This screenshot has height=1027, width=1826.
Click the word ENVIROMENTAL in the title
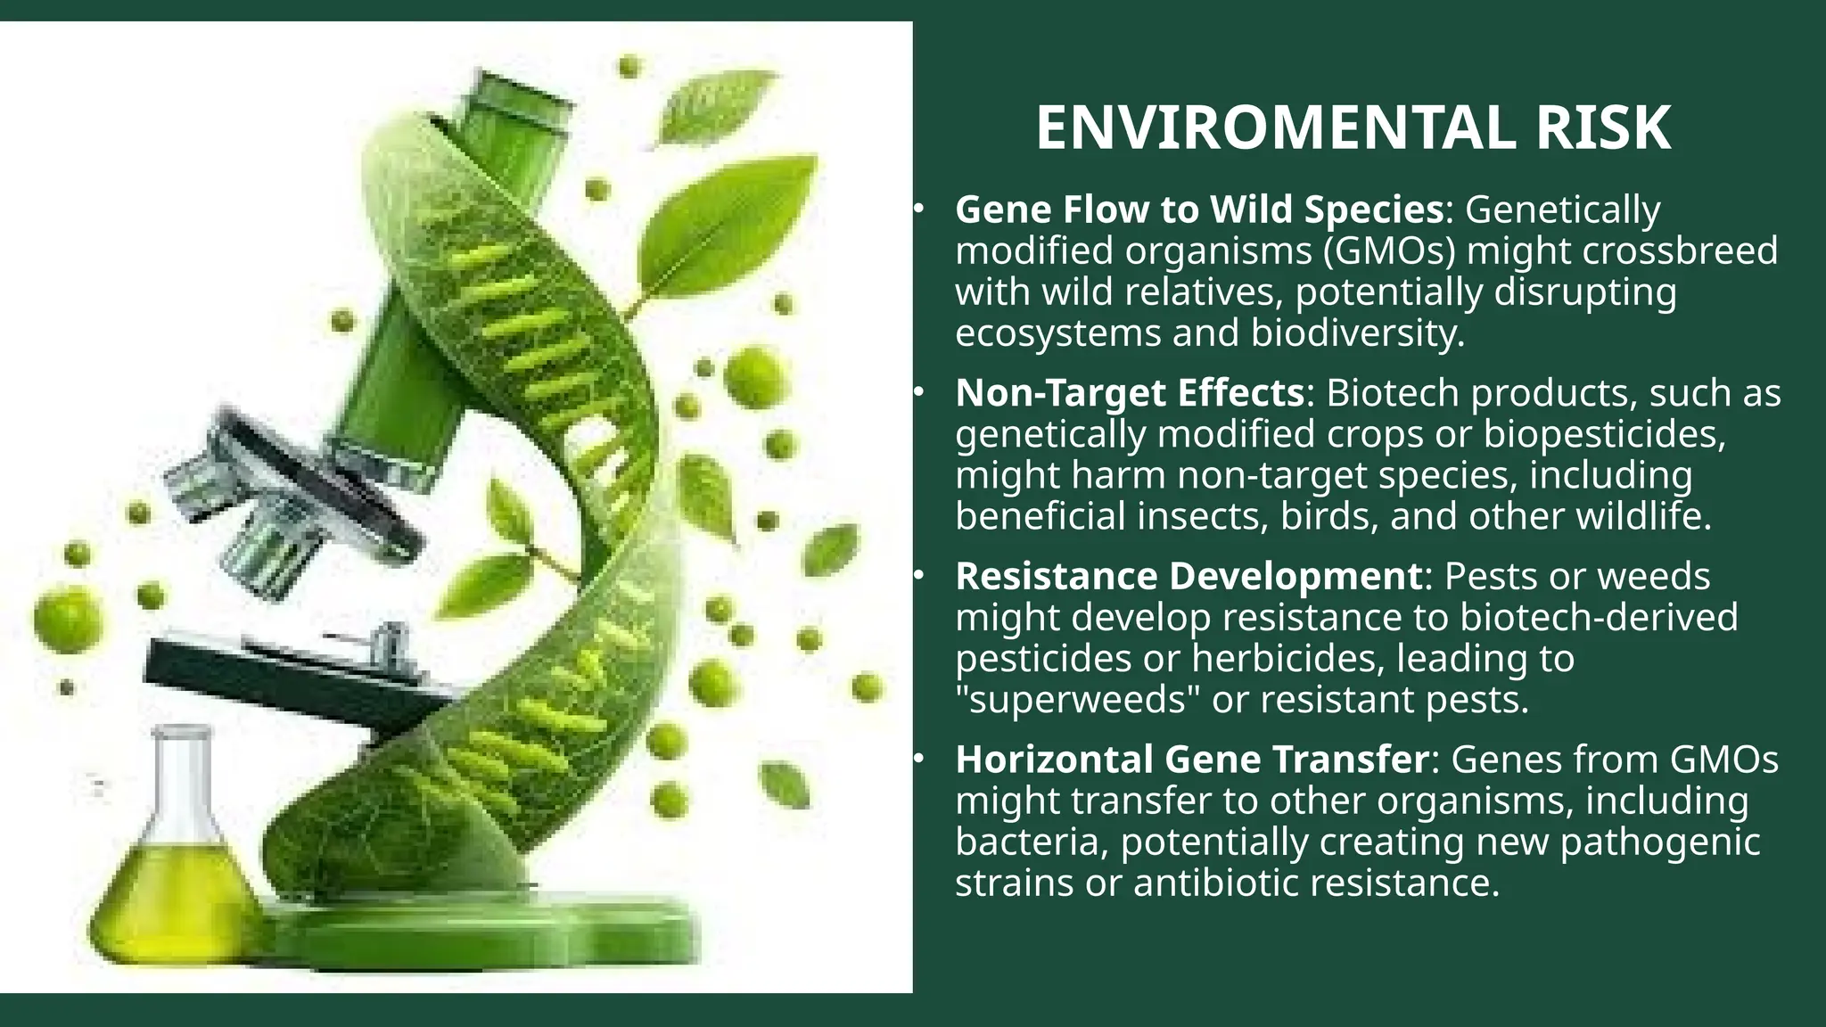[x=1275, y=128]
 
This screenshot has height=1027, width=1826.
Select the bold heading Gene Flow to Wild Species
[x=1199, y=210]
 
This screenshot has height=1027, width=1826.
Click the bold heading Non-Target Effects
[x=1130, y=393]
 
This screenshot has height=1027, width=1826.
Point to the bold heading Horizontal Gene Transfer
[x=1192, y=760]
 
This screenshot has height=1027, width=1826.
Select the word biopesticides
[x=1601, y=434]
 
